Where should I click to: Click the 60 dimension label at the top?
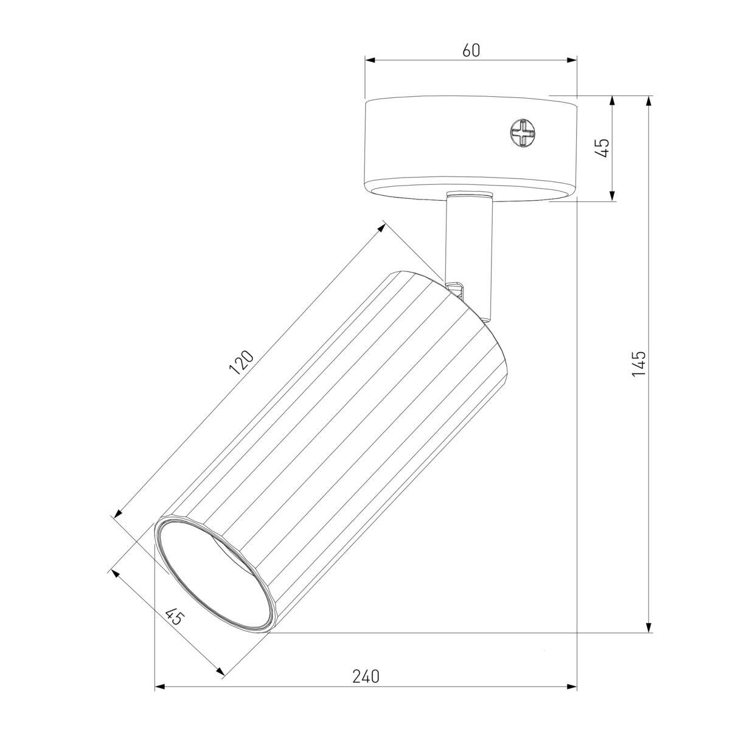[471, 50]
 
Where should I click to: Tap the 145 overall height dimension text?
[639, 364]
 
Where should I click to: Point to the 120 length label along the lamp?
[241, 363]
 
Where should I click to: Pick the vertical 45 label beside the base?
[601, 148]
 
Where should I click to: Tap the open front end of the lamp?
[214, 577]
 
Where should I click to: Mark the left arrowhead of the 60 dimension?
[370, 60]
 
